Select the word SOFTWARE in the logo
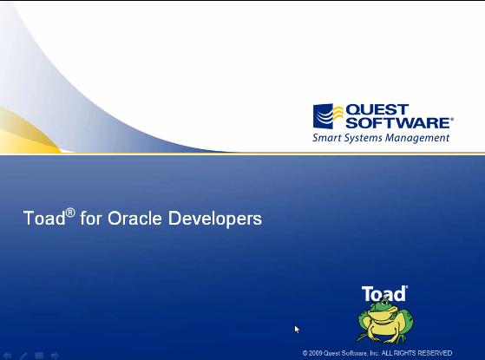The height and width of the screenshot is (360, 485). click(397, 123)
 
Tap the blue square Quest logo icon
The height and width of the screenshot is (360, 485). click(324, 116)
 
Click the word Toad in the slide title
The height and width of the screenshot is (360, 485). click(43, 219)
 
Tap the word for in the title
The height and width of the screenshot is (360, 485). click(90, 219)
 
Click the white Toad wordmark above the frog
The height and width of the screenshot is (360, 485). click(383, 294)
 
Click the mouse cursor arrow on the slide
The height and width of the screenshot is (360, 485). click(297, 329)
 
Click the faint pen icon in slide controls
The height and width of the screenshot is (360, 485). click(23, 355)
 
